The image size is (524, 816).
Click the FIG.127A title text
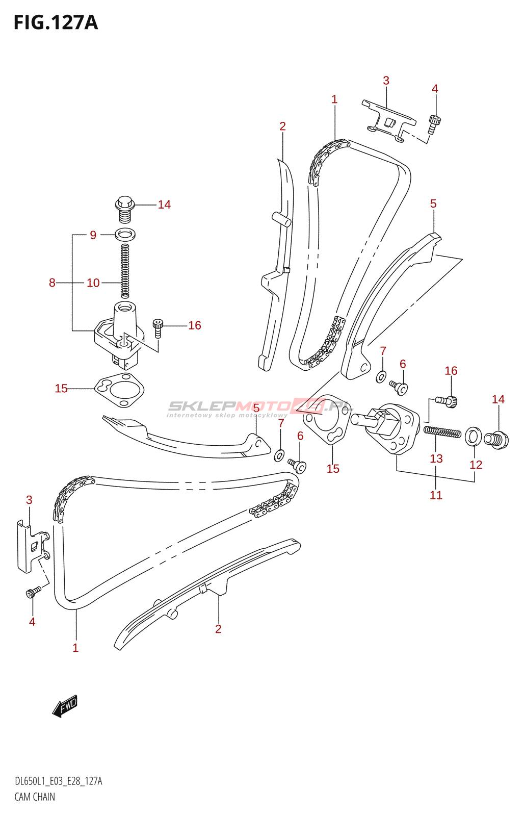[56, 22]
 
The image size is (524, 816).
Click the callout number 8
[52, 283]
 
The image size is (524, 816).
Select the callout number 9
[93, 235]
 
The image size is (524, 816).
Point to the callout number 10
[93, 283]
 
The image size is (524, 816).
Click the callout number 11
[436, 495]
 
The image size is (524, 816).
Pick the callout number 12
[476, 465]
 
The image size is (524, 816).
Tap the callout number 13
[436, 458]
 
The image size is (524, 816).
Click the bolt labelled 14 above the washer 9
[125, 210]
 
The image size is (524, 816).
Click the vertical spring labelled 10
[125, 270]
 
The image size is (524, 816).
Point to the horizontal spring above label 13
[442, 432]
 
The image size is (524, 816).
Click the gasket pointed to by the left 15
[119, 390]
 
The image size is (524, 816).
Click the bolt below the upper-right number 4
[434, 124]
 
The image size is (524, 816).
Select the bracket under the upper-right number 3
[388, 121]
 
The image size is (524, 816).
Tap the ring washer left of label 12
[474, 437]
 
